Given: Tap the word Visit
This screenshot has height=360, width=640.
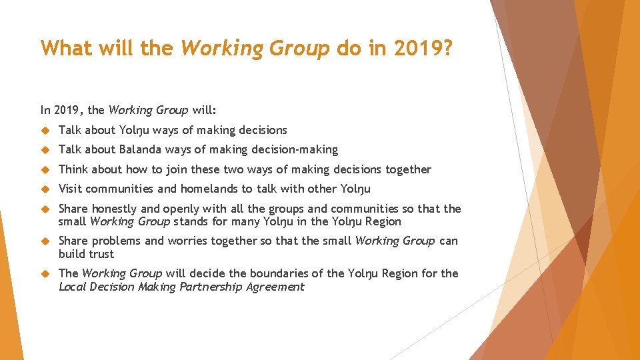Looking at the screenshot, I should [71, 189].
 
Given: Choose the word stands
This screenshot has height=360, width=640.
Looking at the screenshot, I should [193, 221].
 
